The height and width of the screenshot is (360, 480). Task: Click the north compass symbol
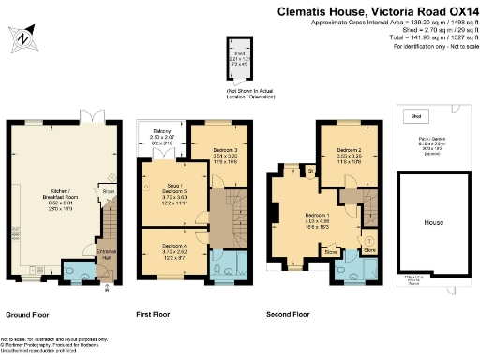tap(22, 37)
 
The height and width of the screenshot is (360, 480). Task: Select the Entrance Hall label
tap(108, 253)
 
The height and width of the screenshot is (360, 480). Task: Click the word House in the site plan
tap(432, 223)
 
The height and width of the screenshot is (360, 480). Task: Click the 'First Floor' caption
tap(156, 314)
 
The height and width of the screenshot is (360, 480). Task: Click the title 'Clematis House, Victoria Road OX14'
tap(376, 12)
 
